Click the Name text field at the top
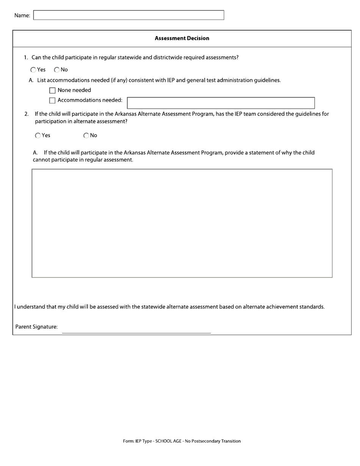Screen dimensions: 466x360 click(x=128, y=15)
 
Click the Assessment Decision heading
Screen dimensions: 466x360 click(x=182, y=38)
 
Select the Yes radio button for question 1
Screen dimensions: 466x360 click(x=33, y=70)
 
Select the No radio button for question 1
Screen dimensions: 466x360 click(x=57, y=70)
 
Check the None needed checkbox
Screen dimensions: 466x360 click(x=52, y=91)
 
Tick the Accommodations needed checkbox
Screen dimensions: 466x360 click(x=52, y=100)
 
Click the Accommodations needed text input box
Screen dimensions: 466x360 click(x=221, y=103)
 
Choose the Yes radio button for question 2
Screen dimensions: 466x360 click(x=38, y=136)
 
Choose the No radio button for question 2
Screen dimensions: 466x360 click(x=86, y=136)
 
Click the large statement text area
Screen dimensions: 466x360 click(x=182, y=223)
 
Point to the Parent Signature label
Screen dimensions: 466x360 click(x=36, y=327)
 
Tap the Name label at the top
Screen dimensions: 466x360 click(x=22, y=16)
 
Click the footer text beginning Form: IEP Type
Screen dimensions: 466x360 click(x=182, y=441)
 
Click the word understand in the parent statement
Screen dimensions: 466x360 click(x=31, y=307)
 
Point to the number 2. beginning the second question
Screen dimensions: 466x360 click(x=27, y=114)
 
